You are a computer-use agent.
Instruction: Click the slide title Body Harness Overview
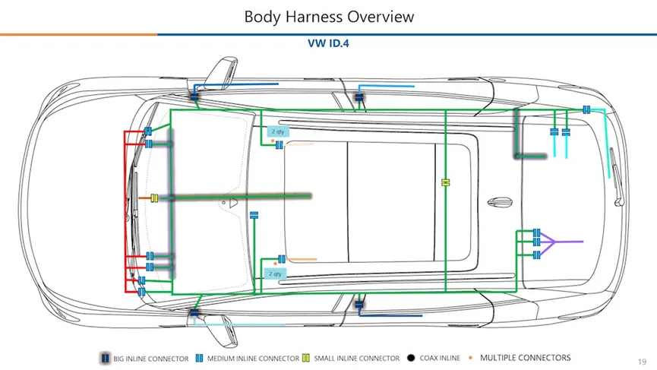(x=328, y=16)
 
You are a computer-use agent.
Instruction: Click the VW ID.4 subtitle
(x=328, y=43)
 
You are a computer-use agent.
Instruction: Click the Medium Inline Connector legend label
(x=253, y=359)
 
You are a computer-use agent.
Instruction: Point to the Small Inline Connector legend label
(x=356, y=359)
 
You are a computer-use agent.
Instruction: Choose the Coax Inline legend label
(x=440, y=359)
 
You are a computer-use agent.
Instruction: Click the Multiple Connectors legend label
(x=526, y=358)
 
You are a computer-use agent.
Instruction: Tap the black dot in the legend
(x=410, y=359)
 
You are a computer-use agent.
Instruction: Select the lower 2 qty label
(x=275, y=273)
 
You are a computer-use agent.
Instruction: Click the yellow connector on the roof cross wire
(x=446, y=182)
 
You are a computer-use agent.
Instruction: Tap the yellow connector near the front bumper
(x=154, y=198)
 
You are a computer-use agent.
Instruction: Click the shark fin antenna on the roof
(x=499, y=201)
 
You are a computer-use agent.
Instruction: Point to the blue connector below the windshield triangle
(x=254, y=214)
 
